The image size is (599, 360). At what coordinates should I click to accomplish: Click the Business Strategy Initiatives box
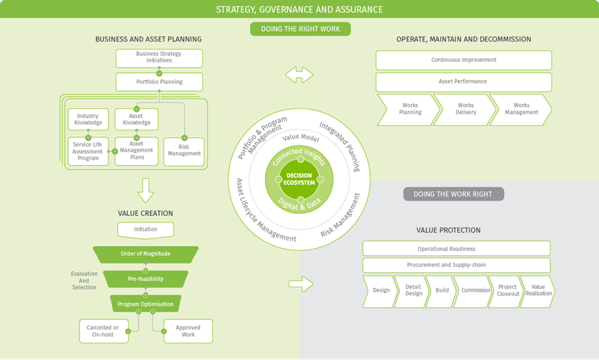point(159,58)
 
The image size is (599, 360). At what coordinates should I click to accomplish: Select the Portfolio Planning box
point(159,81)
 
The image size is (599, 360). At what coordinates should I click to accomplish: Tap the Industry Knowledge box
point(88,119)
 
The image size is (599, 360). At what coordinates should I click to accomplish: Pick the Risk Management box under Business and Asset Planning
point(184,151)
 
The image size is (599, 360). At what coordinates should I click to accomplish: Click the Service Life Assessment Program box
point(88,151)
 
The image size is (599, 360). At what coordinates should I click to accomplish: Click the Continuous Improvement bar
point(464,60)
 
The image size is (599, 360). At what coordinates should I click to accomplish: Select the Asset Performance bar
point(464,81)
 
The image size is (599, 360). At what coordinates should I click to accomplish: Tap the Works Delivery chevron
point(465,109)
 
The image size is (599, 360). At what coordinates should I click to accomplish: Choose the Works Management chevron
point(520,109)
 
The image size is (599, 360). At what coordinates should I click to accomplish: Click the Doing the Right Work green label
point(300,29)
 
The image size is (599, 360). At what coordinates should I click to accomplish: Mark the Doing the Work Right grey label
point(454,193)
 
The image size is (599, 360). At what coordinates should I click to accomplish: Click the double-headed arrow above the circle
point(299,75)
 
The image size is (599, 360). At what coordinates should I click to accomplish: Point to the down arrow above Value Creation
point(145,191)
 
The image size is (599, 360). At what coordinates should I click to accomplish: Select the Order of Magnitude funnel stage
point(145,254)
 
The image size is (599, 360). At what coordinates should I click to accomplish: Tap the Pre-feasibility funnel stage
point(145,279)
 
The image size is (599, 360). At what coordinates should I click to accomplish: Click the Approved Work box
point(188,331)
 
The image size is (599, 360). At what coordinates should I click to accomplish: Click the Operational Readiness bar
point(457,249)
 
